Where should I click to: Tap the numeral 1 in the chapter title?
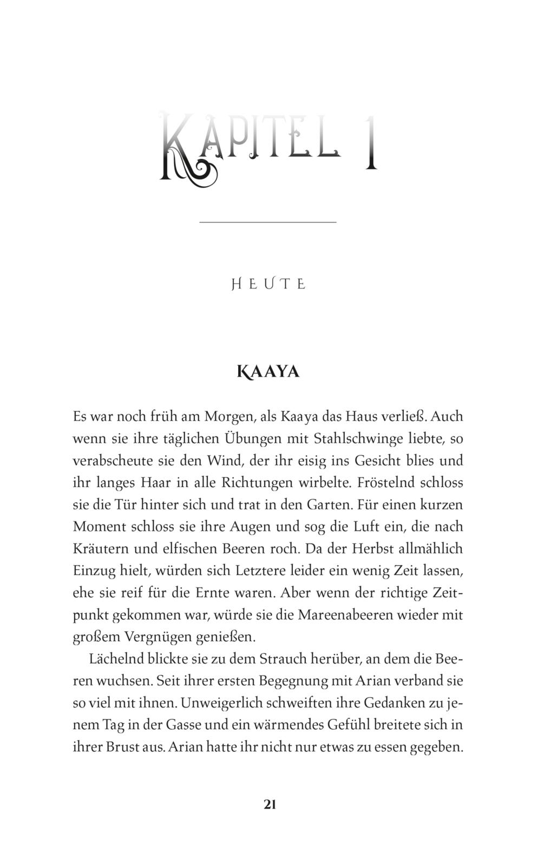(371, 142)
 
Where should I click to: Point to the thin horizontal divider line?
(268, 222)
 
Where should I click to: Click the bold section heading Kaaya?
(268, 372)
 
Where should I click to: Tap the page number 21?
(270, 804)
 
